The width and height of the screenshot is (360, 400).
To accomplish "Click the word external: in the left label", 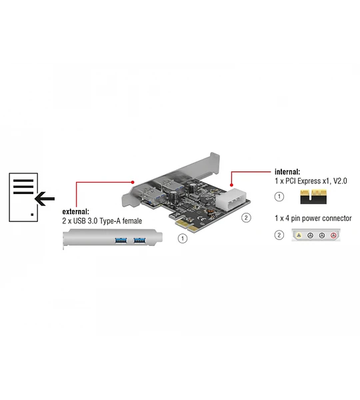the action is click(76, 211).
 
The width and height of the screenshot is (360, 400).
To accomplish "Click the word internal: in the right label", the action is click(287, 172).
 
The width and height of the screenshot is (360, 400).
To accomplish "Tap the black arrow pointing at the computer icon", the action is click(45, 199).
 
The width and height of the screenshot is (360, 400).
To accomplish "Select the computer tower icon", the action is click(23, 197).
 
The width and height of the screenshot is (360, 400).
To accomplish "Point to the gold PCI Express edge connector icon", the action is click(313, 197).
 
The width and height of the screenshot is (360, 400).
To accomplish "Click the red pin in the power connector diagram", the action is click(333, 235).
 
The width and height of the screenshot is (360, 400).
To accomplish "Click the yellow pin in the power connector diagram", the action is click(299, 235).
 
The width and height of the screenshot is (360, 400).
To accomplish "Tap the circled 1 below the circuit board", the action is click(183, 239).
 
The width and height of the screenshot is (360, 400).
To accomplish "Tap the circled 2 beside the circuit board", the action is click(246, 217).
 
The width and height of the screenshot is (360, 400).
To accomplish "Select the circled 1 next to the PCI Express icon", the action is click(279, 197).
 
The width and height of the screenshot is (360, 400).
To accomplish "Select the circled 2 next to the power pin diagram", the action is click(279, 235).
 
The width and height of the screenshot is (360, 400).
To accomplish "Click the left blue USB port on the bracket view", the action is click(121, 240).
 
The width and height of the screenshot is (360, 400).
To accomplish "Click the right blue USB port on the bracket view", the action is click(139, 240).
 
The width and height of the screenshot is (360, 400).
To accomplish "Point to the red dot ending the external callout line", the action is click(133, 182).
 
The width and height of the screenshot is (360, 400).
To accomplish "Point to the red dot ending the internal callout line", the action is click(231, 185).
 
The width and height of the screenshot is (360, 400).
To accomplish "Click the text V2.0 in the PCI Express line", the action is click(340, 181).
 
